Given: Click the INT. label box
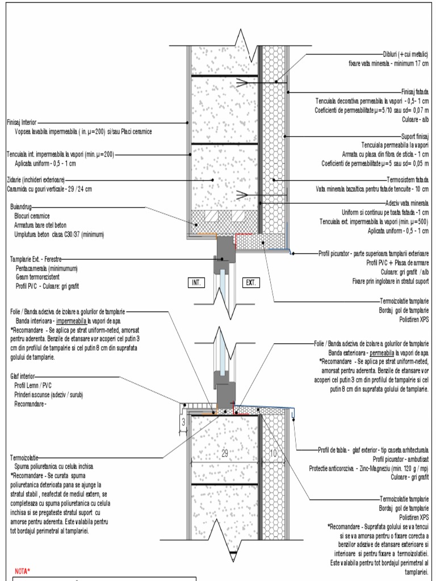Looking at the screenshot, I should coord(196,281).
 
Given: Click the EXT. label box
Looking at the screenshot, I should coord(250,281).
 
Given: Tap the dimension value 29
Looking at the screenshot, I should coord(224,453).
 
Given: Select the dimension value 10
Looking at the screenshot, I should coord(274,453).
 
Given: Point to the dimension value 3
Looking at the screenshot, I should coord(183,422).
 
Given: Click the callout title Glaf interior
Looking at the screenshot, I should coord(23,376).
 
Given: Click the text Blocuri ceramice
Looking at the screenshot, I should coord(32,216).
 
